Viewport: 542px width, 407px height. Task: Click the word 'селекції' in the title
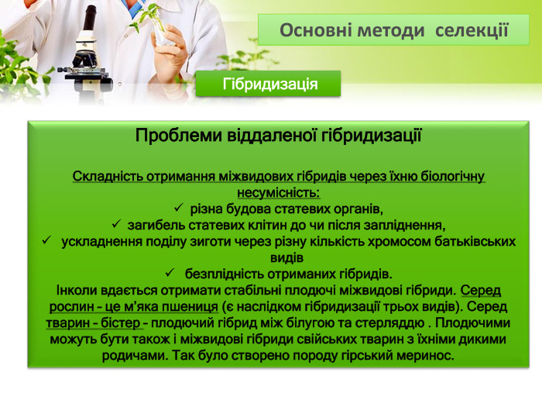[472, 30]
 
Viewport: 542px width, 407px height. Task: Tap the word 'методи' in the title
[391, 30]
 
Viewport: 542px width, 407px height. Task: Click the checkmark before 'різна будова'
[177, 209]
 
